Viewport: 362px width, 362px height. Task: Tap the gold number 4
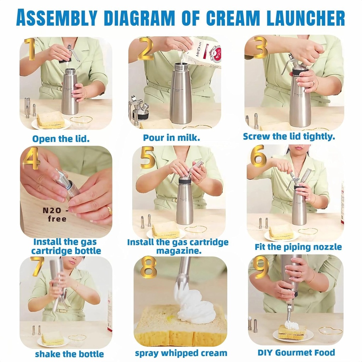pos(31,158)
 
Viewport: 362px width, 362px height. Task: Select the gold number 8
pos(148,268)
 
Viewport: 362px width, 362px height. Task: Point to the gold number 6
pos(258,156)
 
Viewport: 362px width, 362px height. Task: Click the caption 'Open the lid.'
pos(61,139)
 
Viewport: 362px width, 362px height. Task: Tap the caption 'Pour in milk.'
pos(171,138)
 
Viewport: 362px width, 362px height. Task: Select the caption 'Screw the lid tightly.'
pos(289,136)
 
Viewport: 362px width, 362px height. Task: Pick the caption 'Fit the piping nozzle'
pos(298,247)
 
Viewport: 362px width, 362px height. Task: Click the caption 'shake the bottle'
pos(69,354)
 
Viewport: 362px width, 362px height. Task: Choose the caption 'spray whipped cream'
pos(181,353)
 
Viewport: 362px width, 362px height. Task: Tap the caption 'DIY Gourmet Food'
pos(296,352)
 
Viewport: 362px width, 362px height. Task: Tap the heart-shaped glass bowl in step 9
pos(330,332)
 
